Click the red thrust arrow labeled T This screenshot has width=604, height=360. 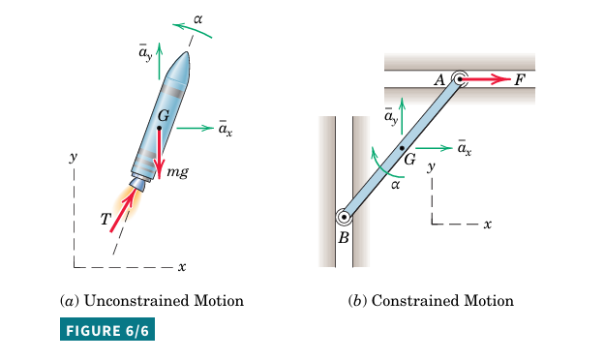(x=123, y=210)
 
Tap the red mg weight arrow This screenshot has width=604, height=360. (x=160, y=153)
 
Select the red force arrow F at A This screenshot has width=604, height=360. (x=485, y=79)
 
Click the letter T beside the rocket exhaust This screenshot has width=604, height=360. (x=106, y=219)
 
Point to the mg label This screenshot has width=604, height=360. (x=177, y=171)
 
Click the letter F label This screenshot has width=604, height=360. (x=520, y=80)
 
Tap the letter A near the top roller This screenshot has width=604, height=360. (x=439, y=80)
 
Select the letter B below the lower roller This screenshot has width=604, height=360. (x=344, y=238)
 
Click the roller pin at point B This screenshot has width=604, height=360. (x=344, y=217)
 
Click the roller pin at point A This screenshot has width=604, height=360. (x=459, y=79)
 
